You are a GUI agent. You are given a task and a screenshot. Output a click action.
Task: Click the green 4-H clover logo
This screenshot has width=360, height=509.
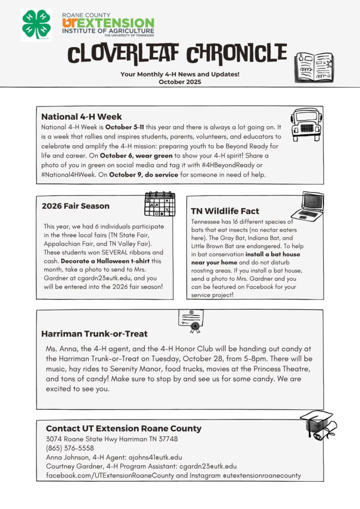tap(36, 24)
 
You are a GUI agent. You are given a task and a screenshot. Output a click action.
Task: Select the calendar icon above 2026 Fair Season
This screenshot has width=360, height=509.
tap(159, 203)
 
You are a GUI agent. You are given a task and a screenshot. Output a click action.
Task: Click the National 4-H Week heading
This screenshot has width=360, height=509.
tap(81, 117)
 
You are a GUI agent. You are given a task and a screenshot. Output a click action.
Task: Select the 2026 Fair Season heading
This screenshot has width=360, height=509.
tap(76, 206)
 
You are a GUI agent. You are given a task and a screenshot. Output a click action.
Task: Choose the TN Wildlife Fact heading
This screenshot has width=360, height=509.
tap(225, 211)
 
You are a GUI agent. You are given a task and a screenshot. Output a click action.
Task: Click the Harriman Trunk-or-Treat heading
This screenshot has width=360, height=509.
tap(94, 334)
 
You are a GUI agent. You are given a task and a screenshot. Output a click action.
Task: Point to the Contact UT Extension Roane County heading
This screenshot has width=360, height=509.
tap(123, 428)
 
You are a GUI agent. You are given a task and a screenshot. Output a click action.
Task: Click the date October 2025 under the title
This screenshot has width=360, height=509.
tap(180, 82)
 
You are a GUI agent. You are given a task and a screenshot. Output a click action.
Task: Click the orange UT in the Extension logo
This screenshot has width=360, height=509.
tap(70, 23)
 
